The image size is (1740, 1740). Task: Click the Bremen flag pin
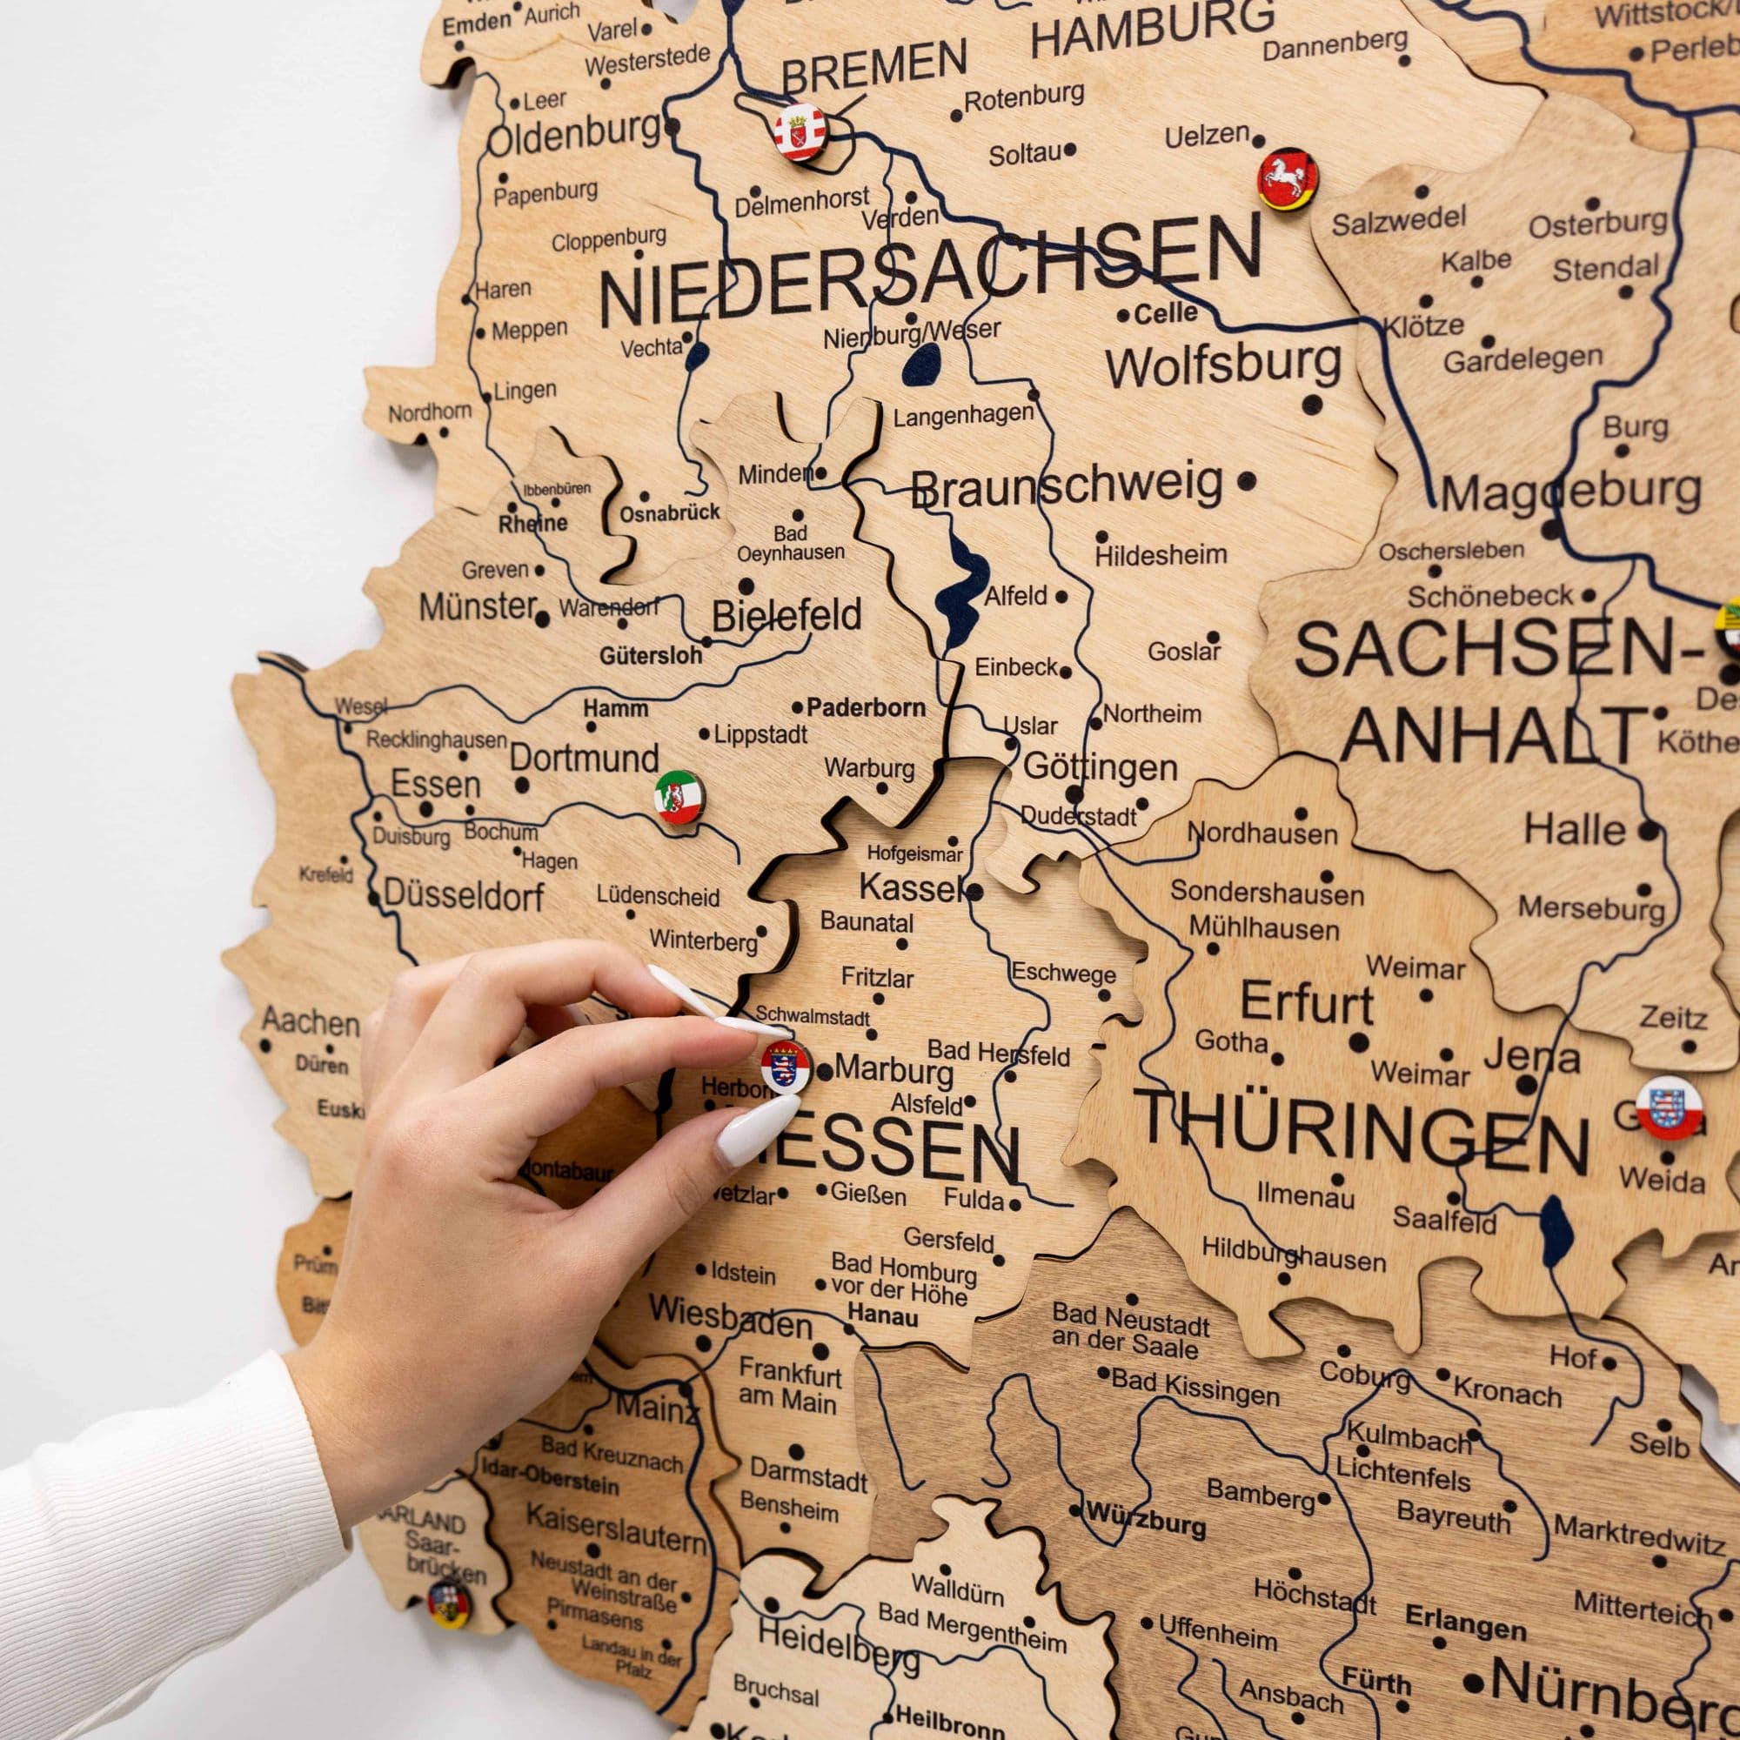pos(800,132)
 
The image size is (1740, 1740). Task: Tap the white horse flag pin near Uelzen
pos(1287,179)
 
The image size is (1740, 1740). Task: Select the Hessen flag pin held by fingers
pos(786,1067)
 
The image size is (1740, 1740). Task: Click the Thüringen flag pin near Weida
pos(1669,1107)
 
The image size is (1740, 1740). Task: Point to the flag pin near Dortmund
pos(679,797)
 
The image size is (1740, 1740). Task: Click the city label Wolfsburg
pos(1223,365)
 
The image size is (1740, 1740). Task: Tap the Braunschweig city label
pos(1067,485)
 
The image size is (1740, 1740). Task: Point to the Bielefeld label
pos(786,616)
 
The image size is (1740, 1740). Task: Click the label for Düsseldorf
pos(464,895)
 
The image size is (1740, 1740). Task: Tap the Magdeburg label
pos(1570,492)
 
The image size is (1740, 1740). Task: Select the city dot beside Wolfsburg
pos(1312,405)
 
